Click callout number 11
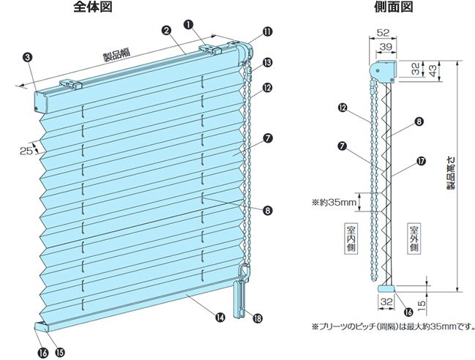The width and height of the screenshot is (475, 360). (x=266, y=31)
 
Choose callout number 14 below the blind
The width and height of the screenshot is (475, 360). (x=220, y=317)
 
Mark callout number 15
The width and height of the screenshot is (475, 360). (x=60, y=352)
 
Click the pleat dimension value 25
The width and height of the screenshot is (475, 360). (x=26, y=150)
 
